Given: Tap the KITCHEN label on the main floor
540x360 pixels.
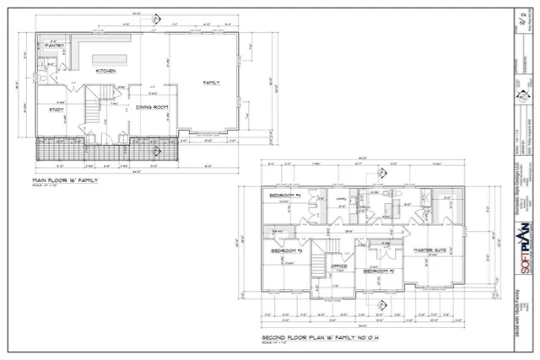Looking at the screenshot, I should tap(105, 71).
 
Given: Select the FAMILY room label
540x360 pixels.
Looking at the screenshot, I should tap(211, 82).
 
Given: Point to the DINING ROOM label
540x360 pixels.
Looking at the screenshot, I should tap(153, 107).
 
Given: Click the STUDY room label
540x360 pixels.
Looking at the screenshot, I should tap(57, 109).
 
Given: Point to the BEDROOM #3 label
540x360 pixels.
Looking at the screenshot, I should tap(286, 251).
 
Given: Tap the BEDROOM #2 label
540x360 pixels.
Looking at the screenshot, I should tap(379, 271).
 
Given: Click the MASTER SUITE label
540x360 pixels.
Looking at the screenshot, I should tap(429, 251).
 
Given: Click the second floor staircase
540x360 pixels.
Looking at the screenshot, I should tap(319, 253).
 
